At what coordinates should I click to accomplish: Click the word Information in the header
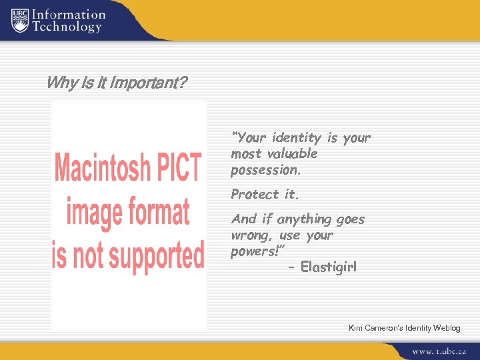coord(69,14)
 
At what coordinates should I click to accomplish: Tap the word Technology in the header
coord(67,27)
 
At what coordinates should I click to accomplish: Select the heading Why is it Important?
coord(117,83)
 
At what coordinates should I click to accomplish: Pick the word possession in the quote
coord(265,170)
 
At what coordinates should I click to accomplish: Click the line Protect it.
coord(265,195)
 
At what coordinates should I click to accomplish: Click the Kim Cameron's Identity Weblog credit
coord(404,328)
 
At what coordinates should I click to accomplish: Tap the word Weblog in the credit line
coord(446,328)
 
